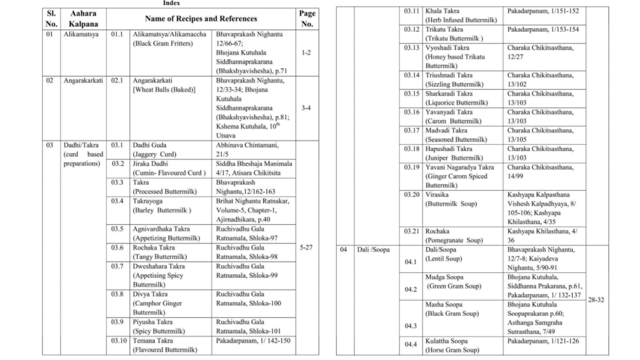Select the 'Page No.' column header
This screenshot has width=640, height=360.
point(306,19)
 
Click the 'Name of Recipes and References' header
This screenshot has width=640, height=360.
point(201,19)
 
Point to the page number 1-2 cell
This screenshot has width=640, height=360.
point(306,52)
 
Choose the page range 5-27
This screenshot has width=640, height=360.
point(306,247)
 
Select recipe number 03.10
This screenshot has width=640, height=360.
point(117,341)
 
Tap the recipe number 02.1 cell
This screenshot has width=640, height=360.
point(116,80)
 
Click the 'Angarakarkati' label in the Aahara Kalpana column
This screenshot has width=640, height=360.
point(83,80)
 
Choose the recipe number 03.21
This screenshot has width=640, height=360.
point(412,231)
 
